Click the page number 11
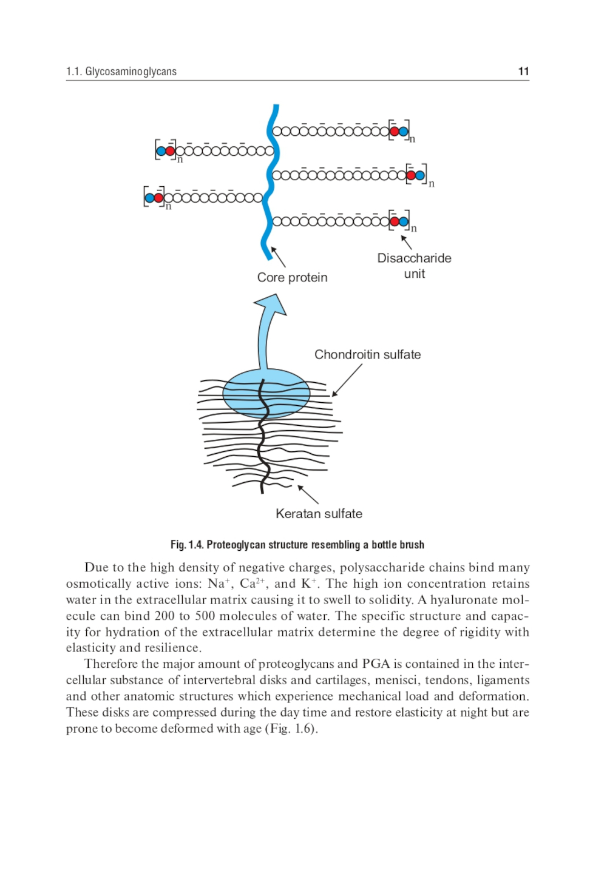(523, 72)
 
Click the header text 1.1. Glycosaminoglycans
(121, 72)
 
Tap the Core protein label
(292, 277)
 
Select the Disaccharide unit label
(414, 266)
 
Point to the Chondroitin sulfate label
(367, 354)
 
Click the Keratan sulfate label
(319, 514)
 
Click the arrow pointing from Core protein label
(278, 257)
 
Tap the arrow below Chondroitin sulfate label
(347, 380)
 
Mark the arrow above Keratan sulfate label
(308, 494)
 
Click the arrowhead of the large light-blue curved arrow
(271, 303)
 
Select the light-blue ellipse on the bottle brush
(266, 394)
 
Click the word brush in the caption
(411, 545)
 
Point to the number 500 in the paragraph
(197, 616)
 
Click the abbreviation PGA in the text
(376, 664)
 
